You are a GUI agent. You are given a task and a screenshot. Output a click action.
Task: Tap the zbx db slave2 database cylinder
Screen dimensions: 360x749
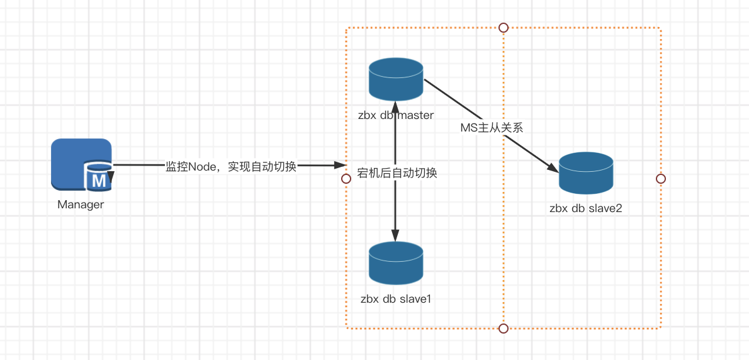point(586,173)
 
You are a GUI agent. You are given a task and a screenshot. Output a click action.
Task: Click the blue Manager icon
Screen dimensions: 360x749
point(81,164)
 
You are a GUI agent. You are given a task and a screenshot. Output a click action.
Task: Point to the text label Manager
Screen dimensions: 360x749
point(81,205)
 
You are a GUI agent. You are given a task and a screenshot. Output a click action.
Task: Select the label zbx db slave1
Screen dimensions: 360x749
point(396,298)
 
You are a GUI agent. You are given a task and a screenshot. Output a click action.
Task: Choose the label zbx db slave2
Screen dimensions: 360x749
point(586,208)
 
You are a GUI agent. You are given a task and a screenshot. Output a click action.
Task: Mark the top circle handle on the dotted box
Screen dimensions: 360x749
point(503,27)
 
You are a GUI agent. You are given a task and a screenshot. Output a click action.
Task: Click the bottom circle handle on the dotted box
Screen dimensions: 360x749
point(503,328)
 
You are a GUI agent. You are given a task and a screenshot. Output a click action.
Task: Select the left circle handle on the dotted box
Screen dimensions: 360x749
point(346,179)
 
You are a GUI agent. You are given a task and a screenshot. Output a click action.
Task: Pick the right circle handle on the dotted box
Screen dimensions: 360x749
point(660,179)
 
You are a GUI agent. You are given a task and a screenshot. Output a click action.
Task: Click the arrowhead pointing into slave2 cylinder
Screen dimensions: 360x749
point(553,168)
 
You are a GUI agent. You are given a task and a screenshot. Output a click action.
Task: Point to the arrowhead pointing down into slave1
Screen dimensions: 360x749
point(396,236)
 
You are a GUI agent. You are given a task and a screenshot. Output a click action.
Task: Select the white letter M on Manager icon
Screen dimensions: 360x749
point(99,181)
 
